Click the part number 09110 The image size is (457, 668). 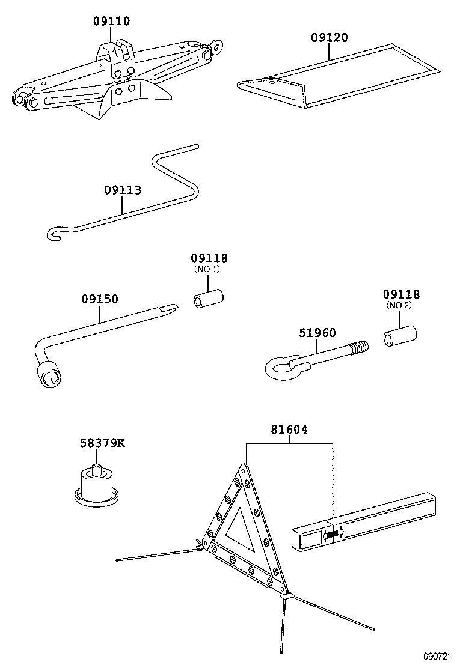tap(111, 22)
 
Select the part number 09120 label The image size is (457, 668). tap(329, 37)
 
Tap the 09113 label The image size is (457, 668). tap(123, 190)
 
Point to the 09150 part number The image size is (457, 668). tap(100, 299)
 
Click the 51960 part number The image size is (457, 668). tap(317, 333)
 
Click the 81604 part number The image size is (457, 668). tap(289, 430)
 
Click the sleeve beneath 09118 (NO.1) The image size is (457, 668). tap(208, 299)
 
